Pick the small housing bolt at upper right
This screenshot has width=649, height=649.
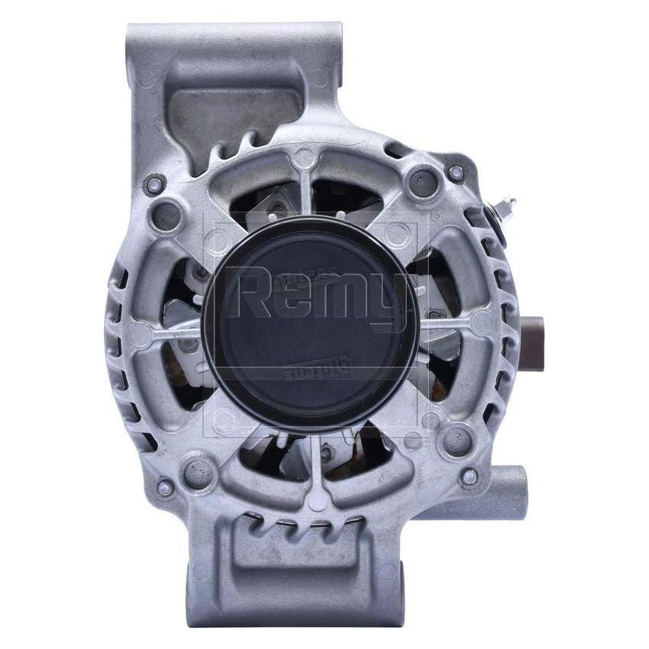pyautogui.click(x=456, y=173)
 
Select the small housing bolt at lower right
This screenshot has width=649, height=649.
pyautogui.click(x=469, y=476)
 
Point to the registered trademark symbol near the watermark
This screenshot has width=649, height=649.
pyautogui.click(x=434, y=217)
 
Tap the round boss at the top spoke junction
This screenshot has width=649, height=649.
pyautogui.click(x=305, y=159)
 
